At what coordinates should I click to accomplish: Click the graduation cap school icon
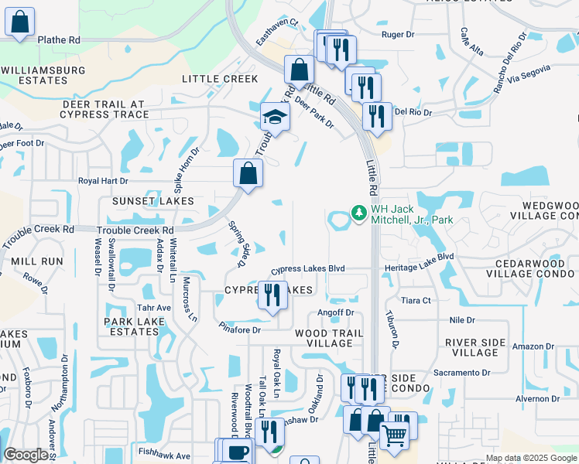pyautogui.click(x=274, y=118)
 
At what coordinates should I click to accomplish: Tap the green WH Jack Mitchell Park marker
pyautogui.click(x=358, y=211)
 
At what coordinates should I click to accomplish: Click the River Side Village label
pyautogui.click(x=475, y=347)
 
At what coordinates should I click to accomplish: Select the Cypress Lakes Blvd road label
pyautogui.click(x=307, y=269)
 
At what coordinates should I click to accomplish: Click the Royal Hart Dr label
pyautogui.click(x=103, y=181)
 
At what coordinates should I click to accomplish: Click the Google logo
pyautogui.click(x=26, y=455)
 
